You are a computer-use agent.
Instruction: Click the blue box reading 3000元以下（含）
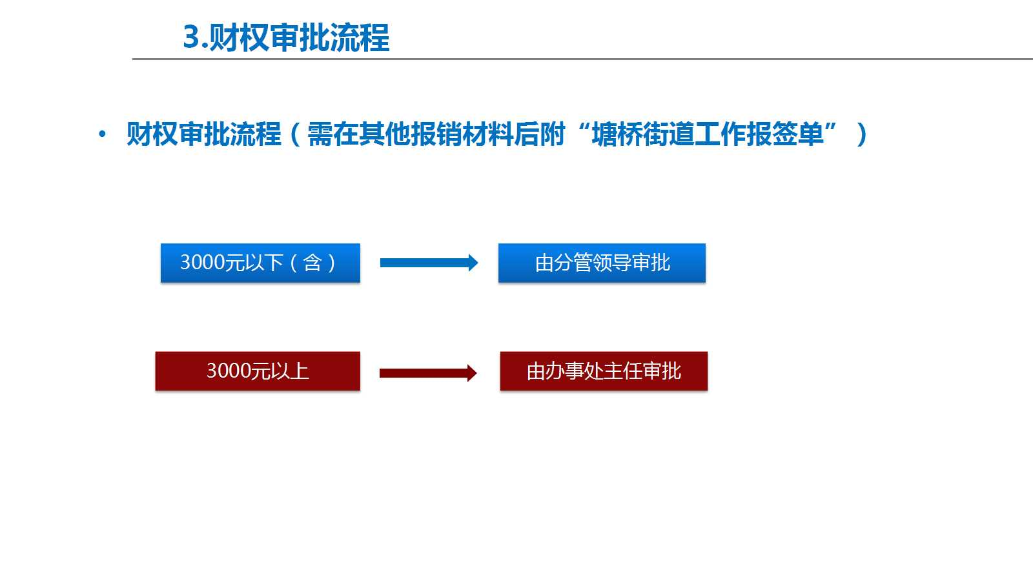point(260,263)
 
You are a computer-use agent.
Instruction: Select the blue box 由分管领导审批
point(602,263)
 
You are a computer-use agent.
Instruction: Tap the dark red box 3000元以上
point(258,371)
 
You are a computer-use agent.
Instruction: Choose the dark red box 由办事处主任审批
point(604,371)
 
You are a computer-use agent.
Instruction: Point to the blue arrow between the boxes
point(429,263)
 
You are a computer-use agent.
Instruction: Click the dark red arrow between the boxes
point(428,373)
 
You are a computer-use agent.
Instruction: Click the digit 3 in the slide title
point(191,37)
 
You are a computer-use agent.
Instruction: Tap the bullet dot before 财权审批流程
point(103,134)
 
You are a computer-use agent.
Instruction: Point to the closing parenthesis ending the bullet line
point(862,135)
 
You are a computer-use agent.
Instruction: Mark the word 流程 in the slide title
point(360,37)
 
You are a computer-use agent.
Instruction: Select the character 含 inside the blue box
point(312,263)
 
